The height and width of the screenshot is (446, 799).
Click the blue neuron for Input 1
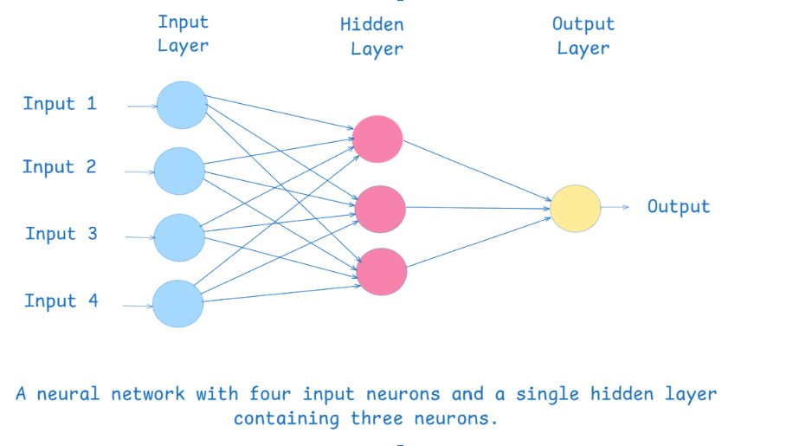[x=182, y=105]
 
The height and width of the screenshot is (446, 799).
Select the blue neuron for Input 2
[x=179, y=171]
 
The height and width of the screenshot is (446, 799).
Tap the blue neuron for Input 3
[x=179, y=237]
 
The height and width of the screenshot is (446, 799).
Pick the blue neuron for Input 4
[x=178, y=303]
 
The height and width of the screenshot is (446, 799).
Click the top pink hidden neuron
[x=377, y=139]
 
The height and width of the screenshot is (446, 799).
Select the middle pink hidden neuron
[x=380, y=207]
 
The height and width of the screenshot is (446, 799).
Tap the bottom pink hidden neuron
[x=382, y=271]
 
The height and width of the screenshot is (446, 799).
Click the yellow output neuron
[x=576, y=209]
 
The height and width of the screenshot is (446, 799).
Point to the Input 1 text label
[x=60, y=104]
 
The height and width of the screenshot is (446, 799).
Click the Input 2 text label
[x=59, y=167]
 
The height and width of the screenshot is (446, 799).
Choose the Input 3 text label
[x=61, y=234]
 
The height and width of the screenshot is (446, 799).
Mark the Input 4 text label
[x=61, y=301]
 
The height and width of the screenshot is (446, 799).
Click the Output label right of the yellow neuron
[x=679, y=207]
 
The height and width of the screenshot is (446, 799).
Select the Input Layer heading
[x=183, y=34]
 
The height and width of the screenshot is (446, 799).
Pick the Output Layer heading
[x=583, y=36]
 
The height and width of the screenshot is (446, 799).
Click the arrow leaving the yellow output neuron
[x=615, y=207]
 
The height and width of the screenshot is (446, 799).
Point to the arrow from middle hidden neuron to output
[x=478, y=207]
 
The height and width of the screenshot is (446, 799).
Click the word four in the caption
[x=269, y=395]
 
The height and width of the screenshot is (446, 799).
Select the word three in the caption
[x=377, y=420]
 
